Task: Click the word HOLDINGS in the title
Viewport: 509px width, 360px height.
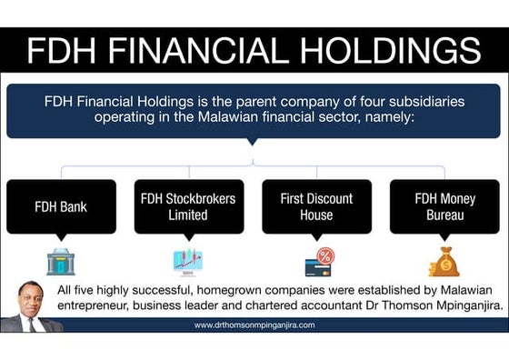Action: [391, 50]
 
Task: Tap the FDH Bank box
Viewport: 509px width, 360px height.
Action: [61, 206]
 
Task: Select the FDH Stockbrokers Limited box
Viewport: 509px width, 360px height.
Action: [188, 206]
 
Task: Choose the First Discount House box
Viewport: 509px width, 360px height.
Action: [316, 206]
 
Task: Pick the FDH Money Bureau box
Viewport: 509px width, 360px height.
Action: [444, 206]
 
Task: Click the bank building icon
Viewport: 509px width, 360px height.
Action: [61, 262]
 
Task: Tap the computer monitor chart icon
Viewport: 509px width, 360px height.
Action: [188, 262]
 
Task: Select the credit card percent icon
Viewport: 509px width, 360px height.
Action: [319, 262]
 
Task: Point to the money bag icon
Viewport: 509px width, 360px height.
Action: [444, 262]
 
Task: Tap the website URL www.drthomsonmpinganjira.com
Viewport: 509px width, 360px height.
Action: [254, 325]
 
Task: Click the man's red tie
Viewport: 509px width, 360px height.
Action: [30, 324]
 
